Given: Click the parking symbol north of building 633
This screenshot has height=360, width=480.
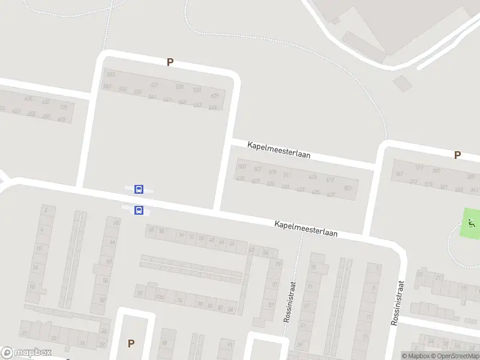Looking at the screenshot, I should [x=170, y=62].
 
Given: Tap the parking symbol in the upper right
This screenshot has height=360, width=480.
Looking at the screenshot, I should [x=457, y=155].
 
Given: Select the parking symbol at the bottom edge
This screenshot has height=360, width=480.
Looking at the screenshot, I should [x=131, y=343].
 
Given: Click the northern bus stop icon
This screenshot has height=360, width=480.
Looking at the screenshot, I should [x=139, y=190].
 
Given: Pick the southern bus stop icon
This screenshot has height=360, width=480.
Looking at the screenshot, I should [x=139, y=210].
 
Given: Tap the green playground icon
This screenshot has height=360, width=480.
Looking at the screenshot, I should [x=472, y=225].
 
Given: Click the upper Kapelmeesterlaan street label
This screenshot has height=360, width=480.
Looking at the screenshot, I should [x=278, y=149].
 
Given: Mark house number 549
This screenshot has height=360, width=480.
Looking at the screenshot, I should [x=212, y=108].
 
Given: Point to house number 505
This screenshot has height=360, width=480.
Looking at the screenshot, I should [x=242, y=166].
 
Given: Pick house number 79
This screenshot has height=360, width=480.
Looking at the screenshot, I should [x=278, y=264].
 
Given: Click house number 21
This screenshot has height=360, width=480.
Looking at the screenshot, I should [x=439, y=277].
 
